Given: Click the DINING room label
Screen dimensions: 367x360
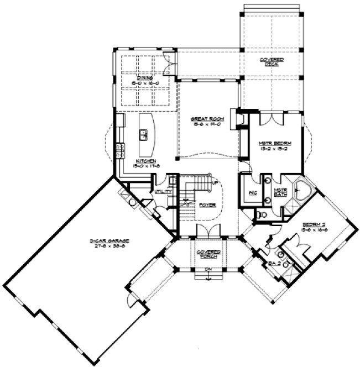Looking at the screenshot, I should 145,79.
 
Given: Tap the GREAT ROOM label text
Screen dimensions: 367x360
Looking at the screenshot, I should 204,118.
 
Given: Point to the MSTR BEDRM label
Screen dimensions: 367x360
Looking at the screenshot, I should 275,143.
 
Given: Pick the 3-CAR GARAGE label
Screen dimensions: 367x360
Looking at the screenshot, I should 109,241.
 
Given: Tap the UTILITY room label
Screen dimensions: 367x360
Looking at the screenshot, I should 164,191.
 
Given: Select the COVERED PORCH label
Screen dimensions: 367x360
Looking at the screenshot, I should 208,254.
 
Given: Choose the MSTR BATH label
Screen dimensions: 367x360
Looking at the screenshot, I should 280,192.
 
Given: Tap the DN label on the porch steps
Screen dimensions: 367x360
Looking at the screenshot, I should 208,270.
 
